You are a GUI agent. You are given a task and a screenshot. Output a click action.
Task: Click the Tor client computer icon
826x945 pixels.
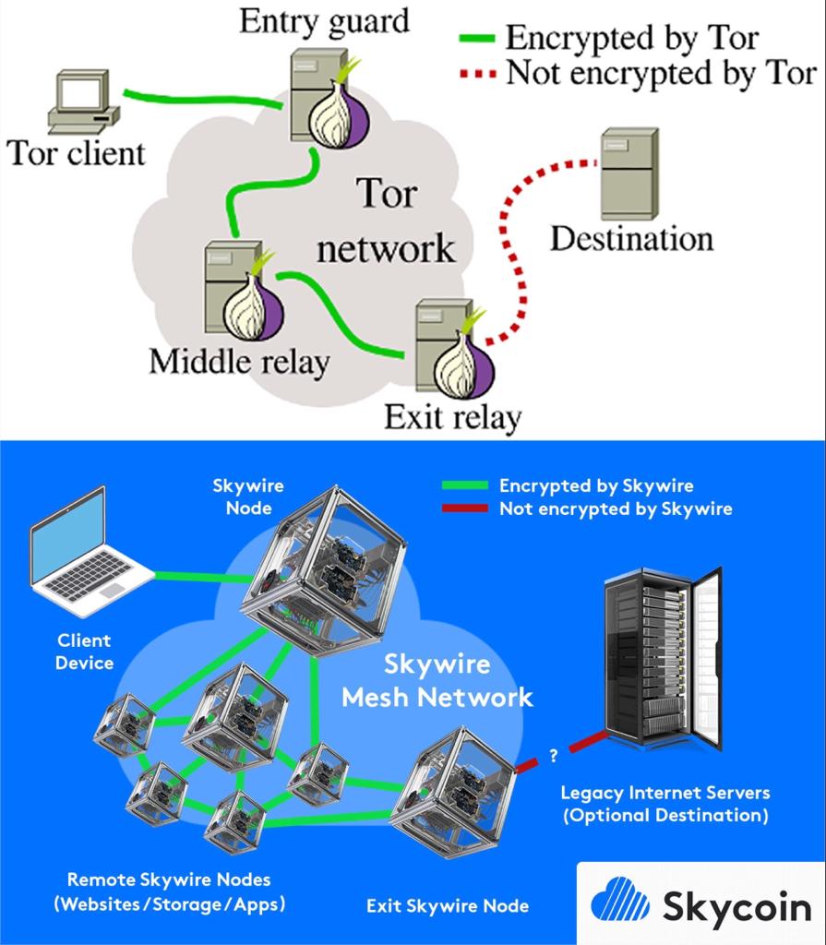coord(83,102)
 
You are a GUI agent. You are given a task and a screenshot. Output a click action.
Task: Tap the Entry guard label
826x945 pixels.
coord(324,21)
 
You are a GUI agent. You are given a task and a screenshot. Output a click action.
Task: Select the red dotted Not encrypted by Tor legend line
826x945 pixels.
coord(478,74)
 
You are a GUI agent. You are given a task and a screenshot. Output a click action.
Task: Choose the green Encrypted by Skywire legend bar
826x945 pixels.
coord(466,485)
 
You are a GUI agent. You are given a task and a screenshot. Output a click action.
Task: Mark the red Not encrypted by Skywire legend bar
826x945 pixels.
coord(466,508)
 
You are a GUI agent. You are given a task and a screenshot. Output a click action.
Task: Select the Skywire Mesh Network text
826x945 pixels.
coord(437,680)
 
